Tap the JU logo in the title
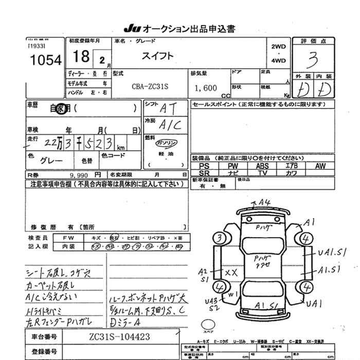[x=130, y=28]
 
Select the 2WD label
[x=278, y=46]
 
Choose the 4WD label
[x=278, y=61]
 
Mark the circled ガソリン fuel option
[x=167, y=142]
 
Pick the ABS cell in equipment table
[x=262, y=166]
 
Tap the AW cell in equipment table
[x=320, y=166]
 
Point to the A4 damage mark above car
[x=265, y=203]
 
